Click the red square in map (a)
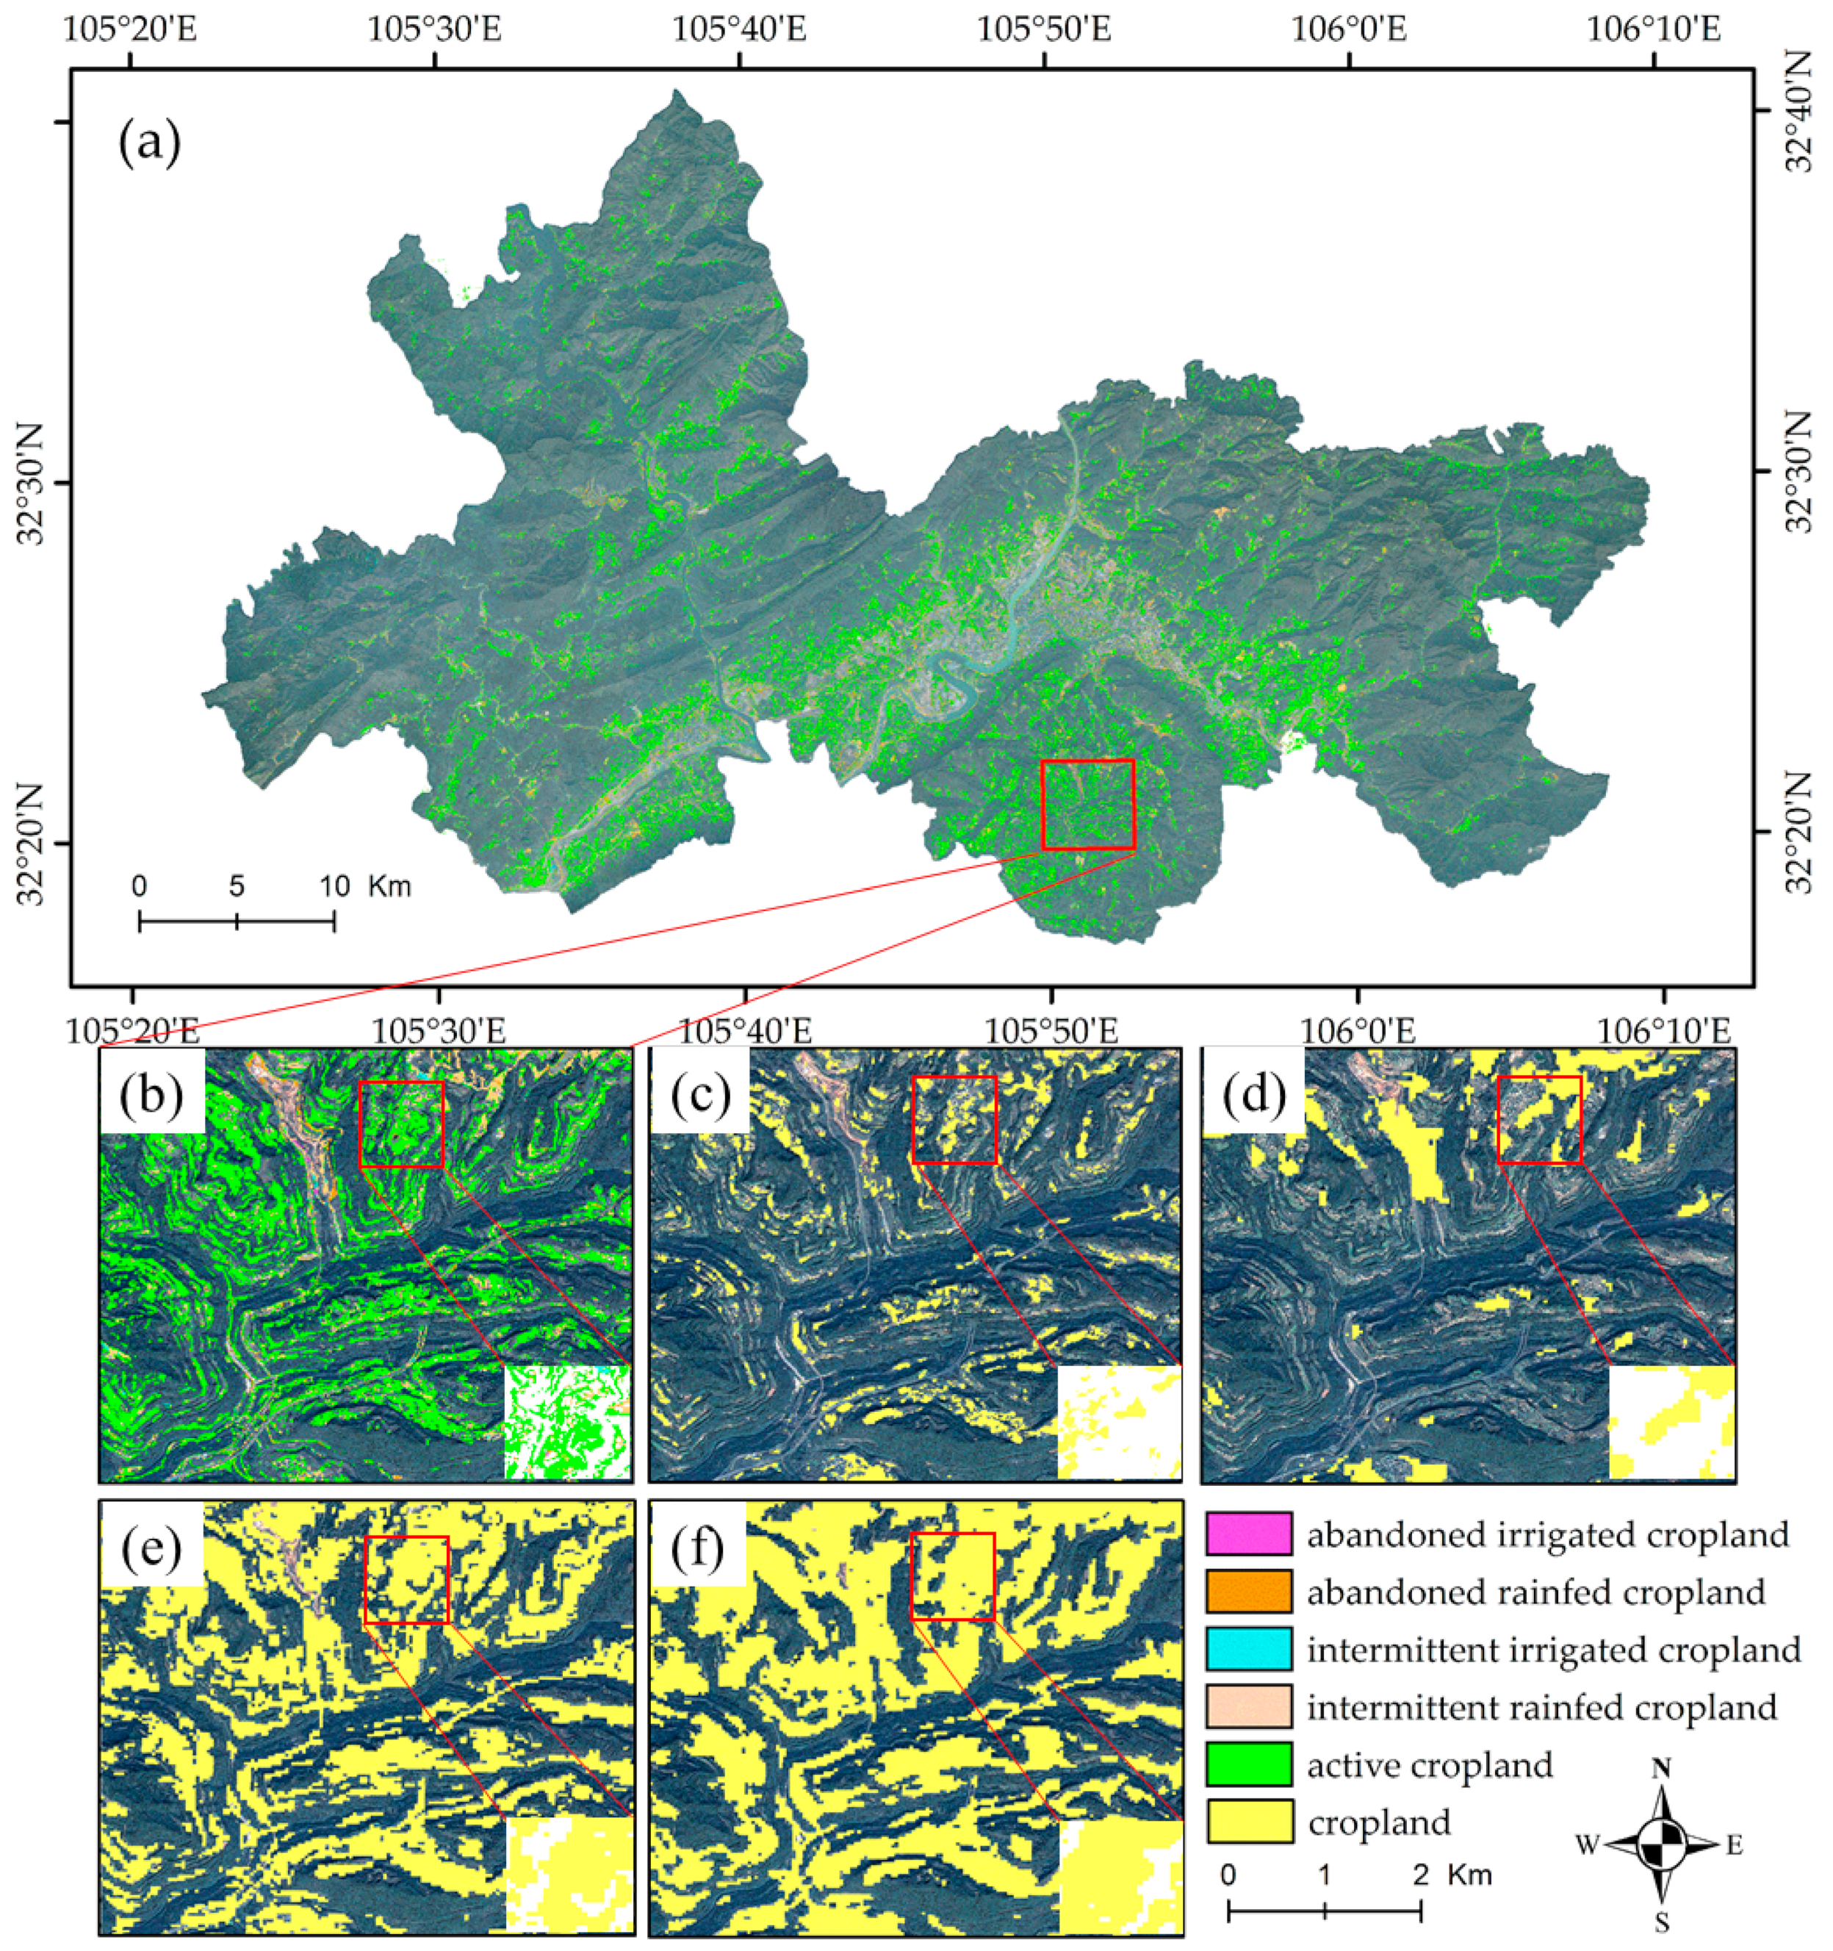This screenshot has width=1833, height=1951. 1087,804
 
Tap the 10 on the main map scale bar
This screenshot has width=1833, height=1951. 334,886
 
